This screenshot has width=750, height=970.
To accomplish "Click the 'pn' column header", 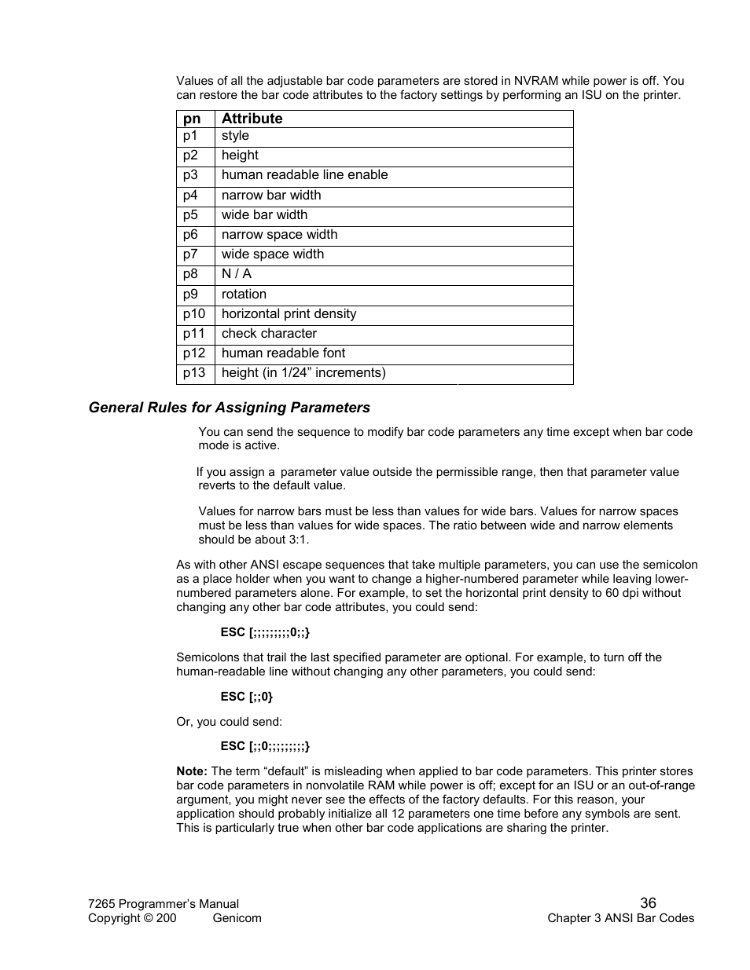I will pos(192,119).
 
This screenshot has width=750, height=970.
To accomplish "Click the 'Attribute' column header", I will pos(252,119).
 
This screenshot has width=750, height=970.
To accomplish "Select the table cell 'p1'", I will pos(190,136).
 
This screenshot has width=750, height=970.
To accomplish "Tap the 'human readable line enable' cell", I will pos(304,175).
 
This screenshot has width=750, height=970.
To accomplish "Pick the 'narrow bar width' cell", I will pos(270,196).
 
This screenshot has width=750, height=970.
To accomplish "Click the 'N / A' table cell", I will pos(236,274).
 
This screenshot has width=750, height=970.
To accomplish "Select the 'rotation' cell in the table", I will pos(244,295).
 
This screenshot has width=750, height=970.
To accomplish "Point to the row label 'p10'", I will pos(194,314).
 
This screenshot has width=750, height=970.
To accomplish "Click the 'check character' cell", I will pos(269,334).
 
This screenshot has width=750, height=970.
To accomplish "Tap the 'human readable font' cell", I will pos(283,353).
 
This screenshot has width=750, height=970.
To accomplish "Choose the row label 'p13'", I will pos(194,373).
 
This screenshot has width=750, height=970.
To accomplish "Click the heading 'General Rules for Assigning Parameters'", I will pos(229,408).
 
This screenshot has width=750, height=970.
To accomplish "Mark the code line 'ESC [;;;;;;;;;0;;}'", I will pos(265,632).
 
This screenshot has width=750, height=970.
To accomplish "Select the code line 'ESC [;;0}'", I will pos(246,697).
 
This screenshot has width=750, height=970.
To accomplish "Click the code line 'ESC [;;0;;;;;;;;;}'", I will pos(265,746).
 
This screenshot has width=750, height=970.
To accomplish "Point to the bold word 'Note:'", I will pos(192,771).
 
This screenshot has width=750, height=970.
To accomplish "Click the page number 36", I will pos(648,903).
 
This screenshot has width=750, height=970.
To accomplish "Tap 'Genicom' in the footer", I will pos(237,918).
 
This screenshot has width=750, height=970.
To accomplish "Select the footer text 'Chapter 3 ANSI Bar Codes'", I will pos(620,918).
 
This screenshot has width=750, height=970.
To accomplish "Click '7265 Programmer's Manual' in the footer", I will pos(164,904).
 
